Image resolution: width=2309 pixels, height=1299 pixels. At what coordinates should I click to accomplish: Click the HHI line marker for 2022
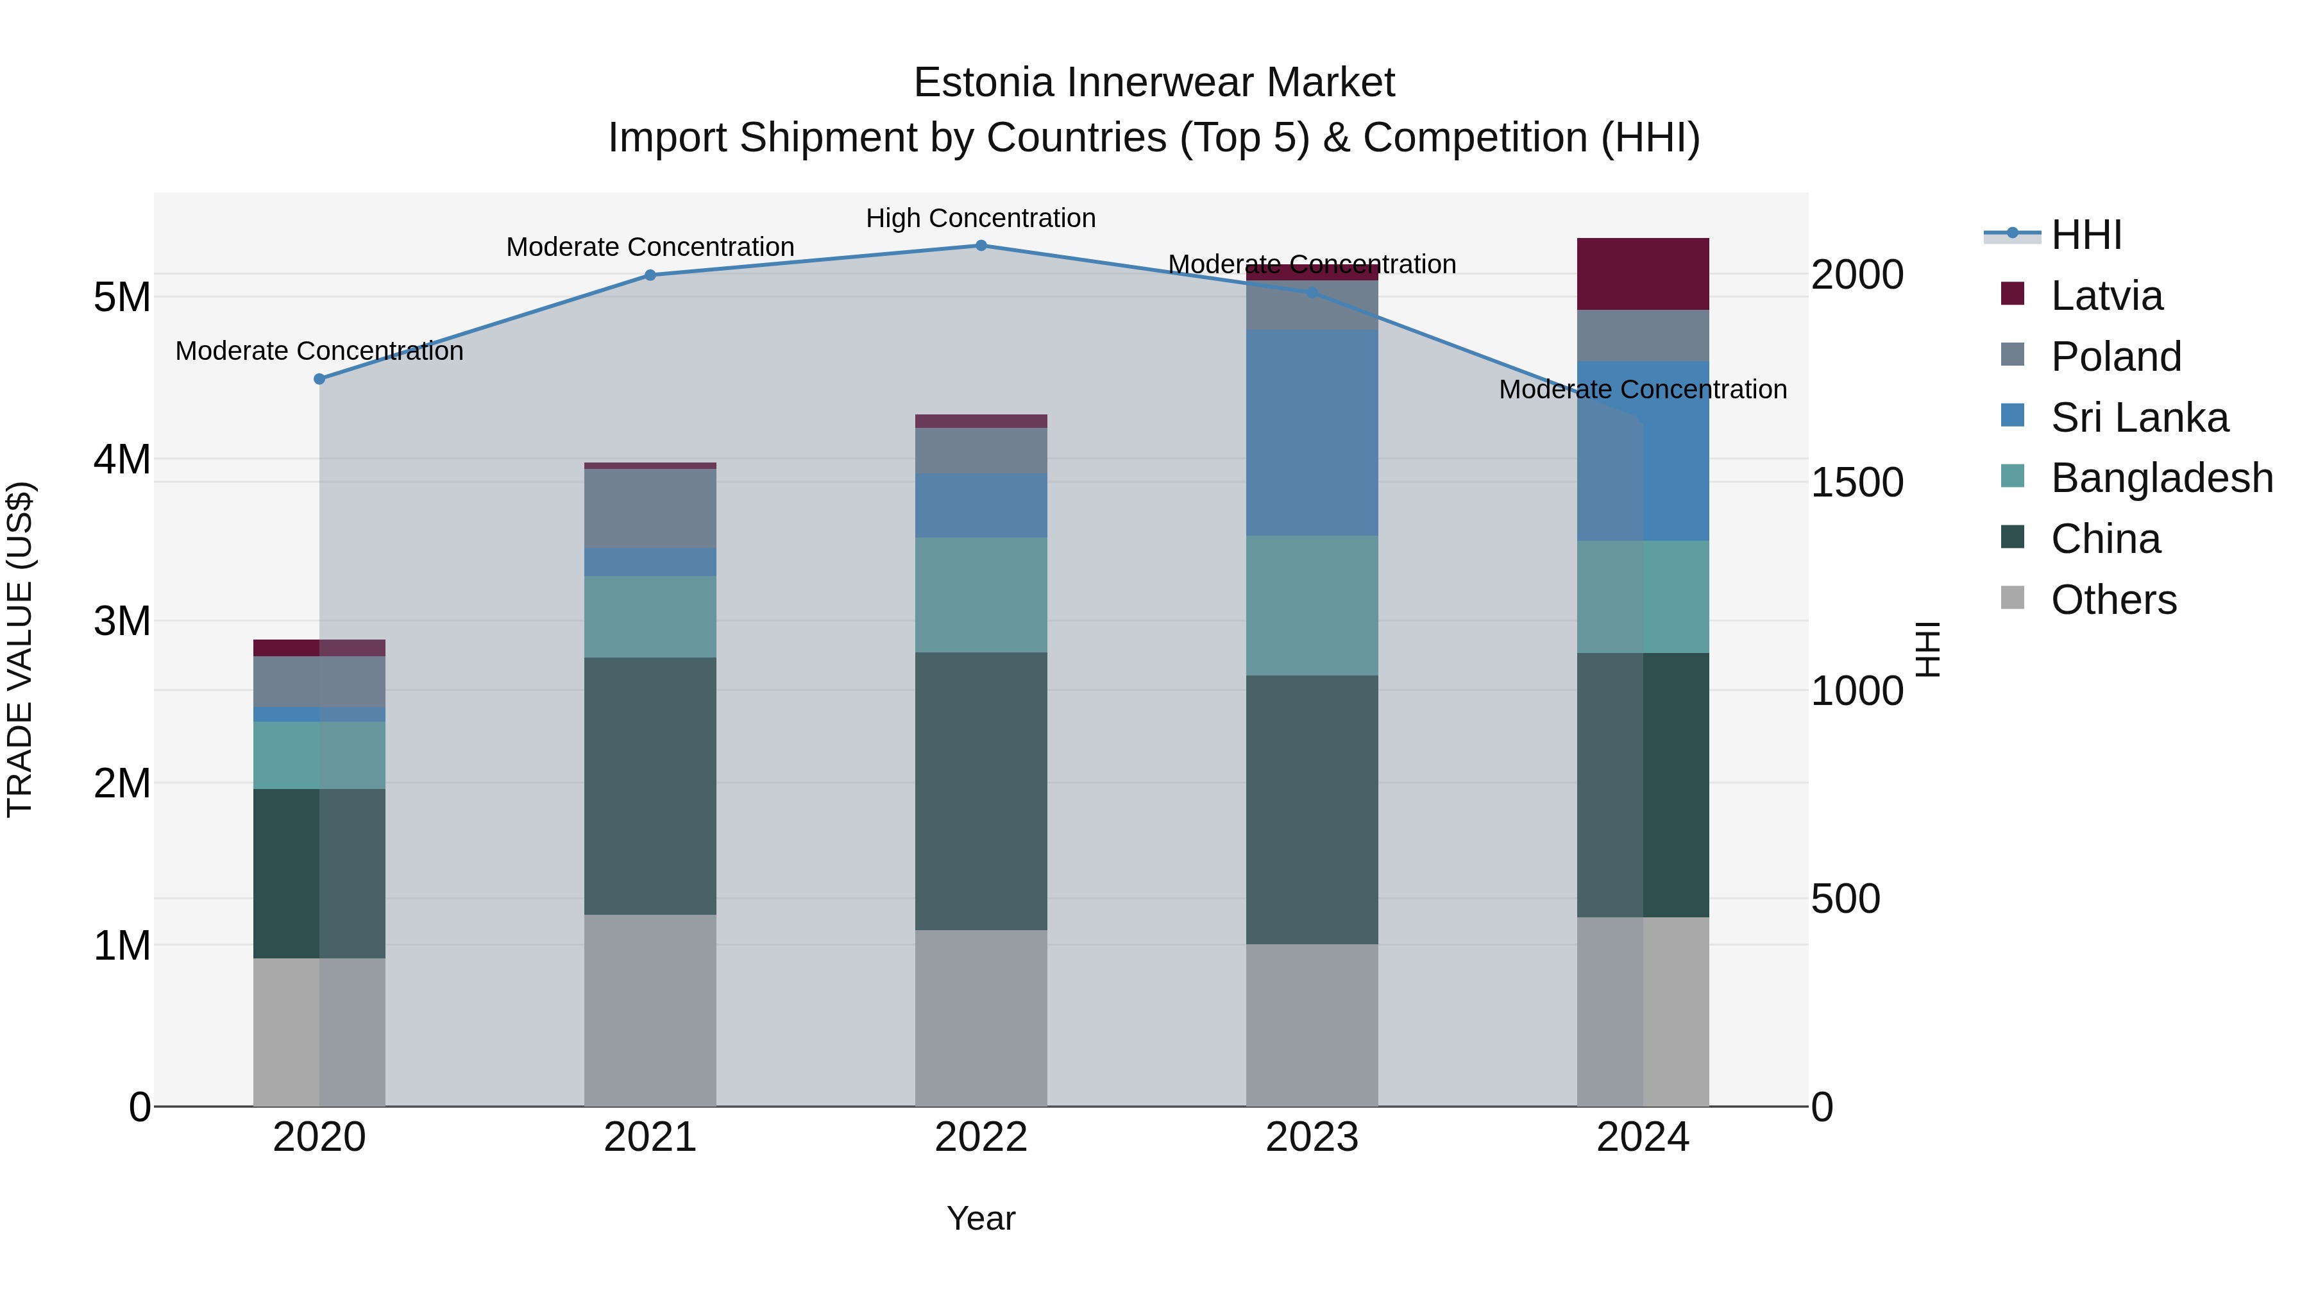tap(981, 246)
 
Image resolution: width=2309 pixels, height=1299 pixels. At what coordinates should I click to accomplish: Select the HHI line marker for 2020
tap(319, 379)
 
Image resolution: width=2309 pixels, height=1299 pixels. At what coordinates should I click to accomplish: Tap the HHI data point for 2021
tap(650, 275)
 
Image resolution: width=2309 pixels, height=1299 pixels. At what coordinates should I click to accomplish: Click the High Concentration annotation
tap(981, 218)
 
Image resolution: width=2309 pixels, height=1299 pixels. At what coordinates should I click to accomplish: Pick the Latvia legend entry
tap(2106, 296)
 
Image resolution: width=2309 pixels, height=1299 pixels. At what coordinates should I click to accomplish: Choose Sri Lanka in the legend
tap(2138, 418)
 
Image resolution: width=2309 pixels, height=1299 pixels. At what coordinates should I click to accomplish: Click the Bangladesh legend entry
tap(2161, 478)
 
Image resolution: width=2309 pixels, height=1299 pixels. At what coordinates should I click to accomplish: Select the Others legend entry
tap(2113, 600)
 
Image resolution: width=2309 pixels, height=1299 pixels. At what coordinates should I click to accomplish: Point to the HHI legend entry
tap(2086, 235)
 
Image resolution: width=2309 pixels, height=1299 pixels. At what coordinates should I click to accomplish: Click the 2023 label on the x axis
tap(1312, 1137)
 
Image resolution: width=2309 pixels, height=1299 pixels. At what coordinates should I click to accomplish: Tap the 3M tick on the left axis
tap(122, 620)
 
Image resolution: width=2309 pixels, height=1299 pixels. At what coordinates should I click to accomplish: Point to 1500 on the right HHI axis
tap(1856, 482)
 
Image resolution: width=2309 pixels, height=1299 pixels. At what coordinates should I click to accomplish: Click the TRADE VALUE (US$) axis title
tap(21, 649)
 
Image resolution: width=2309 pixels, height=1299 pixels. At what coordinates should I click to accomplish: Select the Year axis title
tap(981, 1218)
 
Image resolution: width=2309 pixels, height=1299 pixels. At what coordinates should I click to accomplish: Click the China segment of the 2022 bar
tap(981, 791)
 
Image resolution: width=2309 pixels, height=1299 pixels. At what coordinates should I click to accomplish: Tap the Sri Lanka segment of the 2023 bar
tap(1312, 432)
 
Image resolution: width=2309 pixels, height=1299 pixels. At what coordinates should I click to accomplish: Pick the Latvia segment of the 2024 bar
tap(1642, 275)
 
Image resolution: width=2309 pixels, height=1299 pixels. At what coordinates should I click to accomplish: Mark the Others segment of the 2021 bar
tap(650, 1010)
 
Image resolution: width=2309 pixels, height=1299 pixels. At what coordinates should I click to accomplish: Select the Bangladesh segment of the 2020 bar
tap(319, 756)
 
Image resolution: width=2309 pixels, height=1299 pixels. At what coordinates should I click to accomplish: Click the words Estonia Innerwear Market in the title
tap(1154, 83)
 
